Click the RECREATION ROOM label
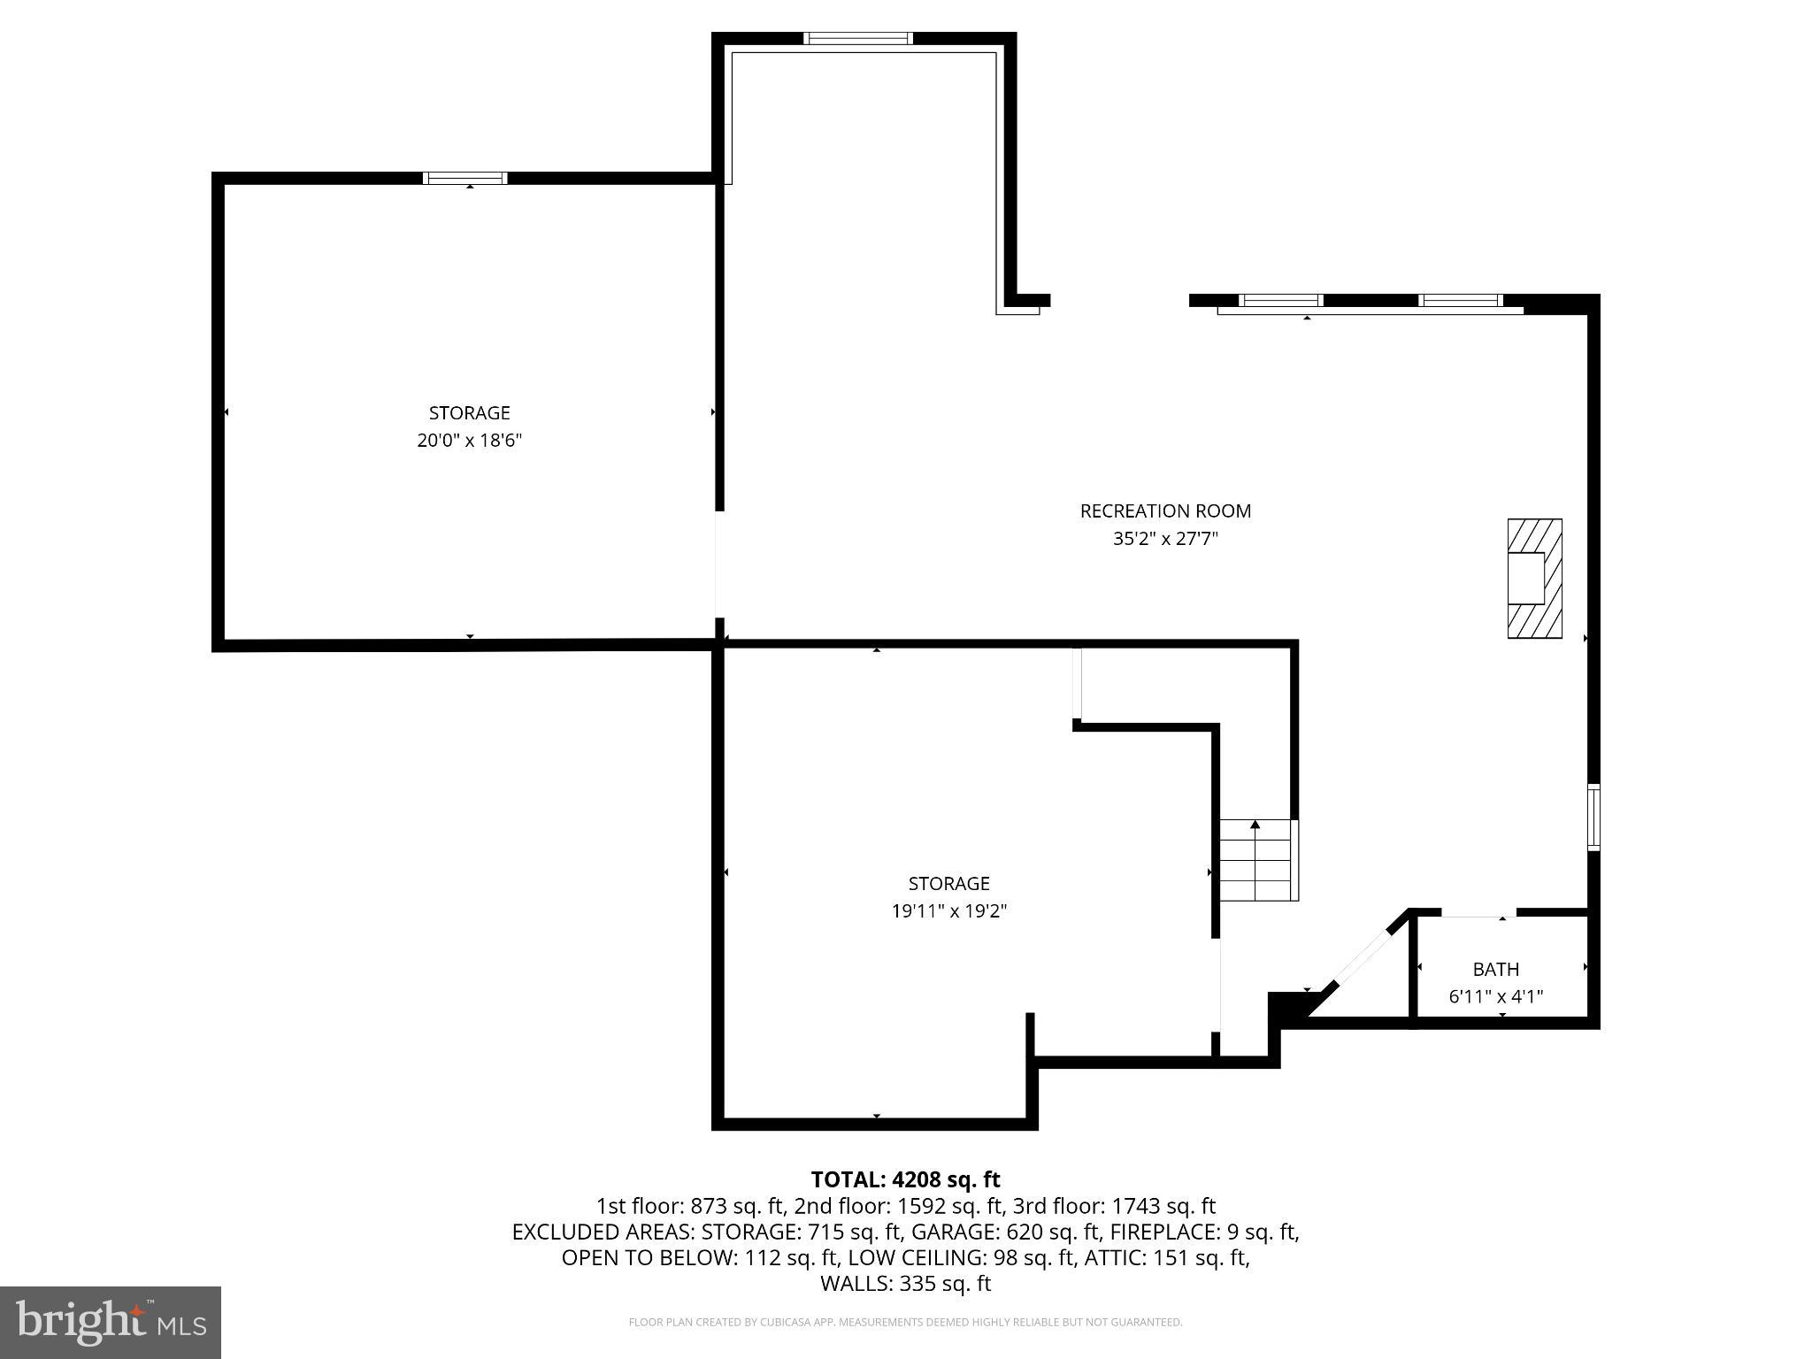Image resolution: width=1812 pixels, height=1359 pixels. (x=1165, y=511)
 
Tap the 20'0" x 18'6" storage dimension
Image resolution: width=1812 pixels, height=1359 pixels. (x=469, y=441)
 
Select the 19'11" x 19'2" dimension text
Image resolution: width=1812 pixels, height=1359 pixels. (x=948, y=910)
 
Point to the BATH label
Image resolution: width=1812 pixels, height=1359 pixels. (x=1495, y=969)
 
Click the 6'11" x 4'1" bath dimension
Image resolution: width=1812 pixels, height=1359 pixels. (x=1495, y=996)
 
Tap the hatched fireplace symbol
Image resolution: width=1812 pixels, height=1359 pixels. (x=1534, y=579)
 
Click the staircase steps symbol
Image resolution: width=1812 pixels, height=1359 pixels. (x=1257, y=860)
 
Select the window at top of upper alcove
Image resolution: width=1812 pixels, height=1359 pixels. (x=857, y=38)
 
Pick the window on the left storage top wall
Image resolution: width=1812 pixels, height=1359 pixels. (x=465, y=178)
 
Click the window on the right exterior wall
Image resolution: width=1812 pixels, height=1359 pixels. (x=1593, y=817)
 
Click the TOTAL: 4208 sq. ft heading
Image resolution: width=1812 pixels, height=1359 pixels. (x=905, y=1179)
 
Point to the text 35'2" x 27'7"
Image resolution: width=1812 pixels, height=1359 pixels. (x=1165, y=539)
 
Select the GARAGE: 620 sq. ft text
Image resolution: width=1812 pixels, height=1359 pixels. (x=1006, y=1232)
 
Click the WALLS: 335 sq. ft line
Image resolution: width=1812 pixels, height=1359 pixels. (x=905, y=1284)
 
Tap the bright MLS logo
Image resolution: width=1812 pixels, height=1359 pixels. (x=111, y=1323)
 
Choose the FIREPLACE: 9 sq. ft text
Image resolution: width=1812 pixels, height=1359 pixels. (x=1203, y=1232)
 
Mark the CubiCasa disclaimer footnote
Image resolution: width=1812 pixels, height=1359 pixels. (x=905, y=1323)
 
